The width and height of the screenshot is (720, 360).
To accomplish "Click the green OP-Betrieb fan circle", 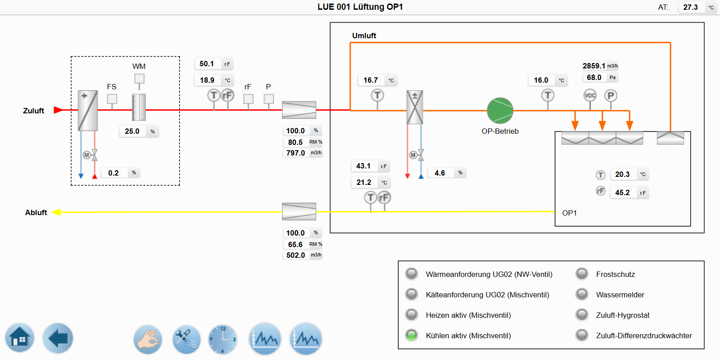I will click(x=500, y=111).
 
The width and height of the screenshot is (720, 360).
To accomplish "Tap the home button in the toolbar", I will click(x=20, y=338).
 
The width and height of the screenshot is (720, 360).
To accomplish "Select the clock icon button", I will click(x=223, y=339).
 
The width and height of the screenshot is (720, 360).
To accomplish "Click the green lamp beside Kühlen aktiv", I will click(x=412, y=335).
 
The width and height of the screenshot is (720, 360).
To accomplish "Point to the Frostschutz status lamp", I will click(x=582, y=274).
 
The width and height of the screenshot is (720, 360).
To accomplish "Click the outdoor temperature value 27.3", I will click(x=690, y=7).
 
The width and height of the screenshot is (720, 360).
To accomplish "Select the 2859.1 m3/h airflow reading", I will click(x=594, y=66).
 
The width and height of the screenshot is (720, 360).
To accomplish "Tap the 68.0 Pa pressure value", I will click(x=594, y=77).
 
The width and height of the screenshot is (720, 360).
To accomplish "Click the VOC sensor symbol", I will click(x=590, y=95).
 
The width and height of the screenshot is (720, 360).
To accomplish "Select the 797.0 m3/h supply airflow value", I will click(x=296, y=153).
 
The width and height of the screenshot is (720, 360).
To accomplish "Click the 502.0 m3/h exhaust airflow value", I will click(x=296, y=255).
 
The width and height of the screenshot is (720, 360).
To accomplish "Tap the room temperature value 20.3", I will click(x=622, y=174).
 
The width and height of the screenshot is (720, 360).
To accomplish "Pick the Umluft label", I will click(x=364, y=36).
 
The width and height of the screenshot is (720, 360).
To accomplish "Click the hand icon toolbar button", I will click(x=148, y=339).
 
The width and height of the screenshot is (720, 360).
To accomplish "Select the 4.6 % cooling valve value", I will click(x=440, y=173).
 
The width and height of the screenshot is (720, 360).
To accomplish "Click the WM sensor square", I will click(x=139, y=79).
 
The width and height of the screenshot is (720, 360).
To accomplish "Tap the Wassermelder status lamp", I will click(x=582, y=294).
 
